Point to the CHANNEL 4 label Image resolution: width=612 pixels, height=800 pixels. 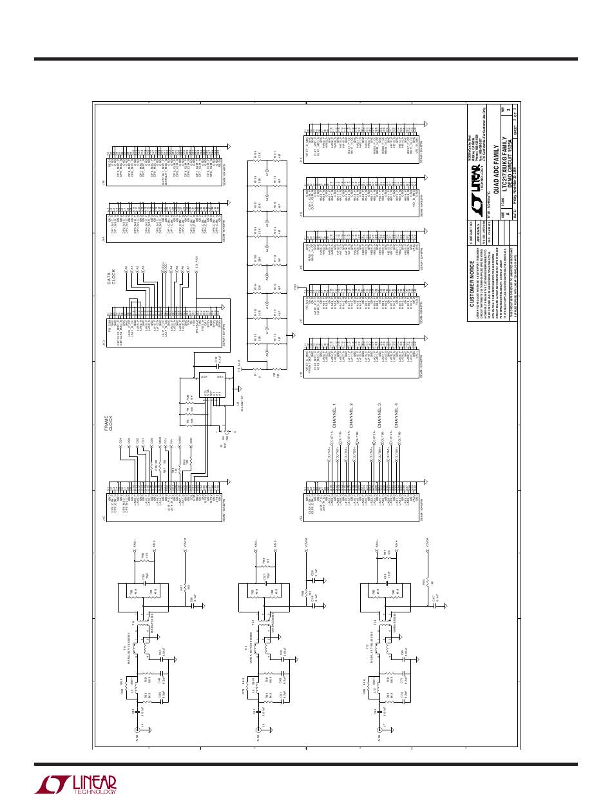coord(396,413)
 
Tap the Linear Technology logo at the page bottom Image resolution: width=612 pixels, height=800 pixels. coord(76,783)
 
